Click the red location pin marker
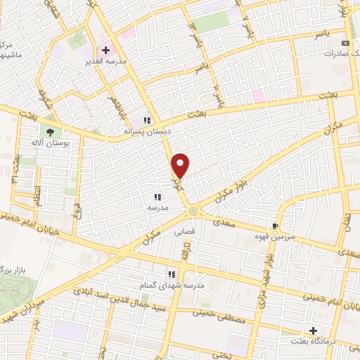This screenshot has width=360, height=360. [x=181, y=165]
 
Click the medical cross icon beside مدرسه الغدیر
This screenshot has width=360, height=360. [x=105, y=51]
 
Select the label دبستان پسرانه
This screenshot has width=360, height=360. [x=147, y=131]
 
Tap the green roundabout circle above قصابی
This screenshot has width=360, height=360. [x=193, y=211]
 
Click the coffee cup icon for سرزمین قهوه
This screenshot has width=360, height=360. [x=276, y=226]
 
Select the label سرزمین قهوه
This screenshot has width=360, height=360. [x=280, y=238]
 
